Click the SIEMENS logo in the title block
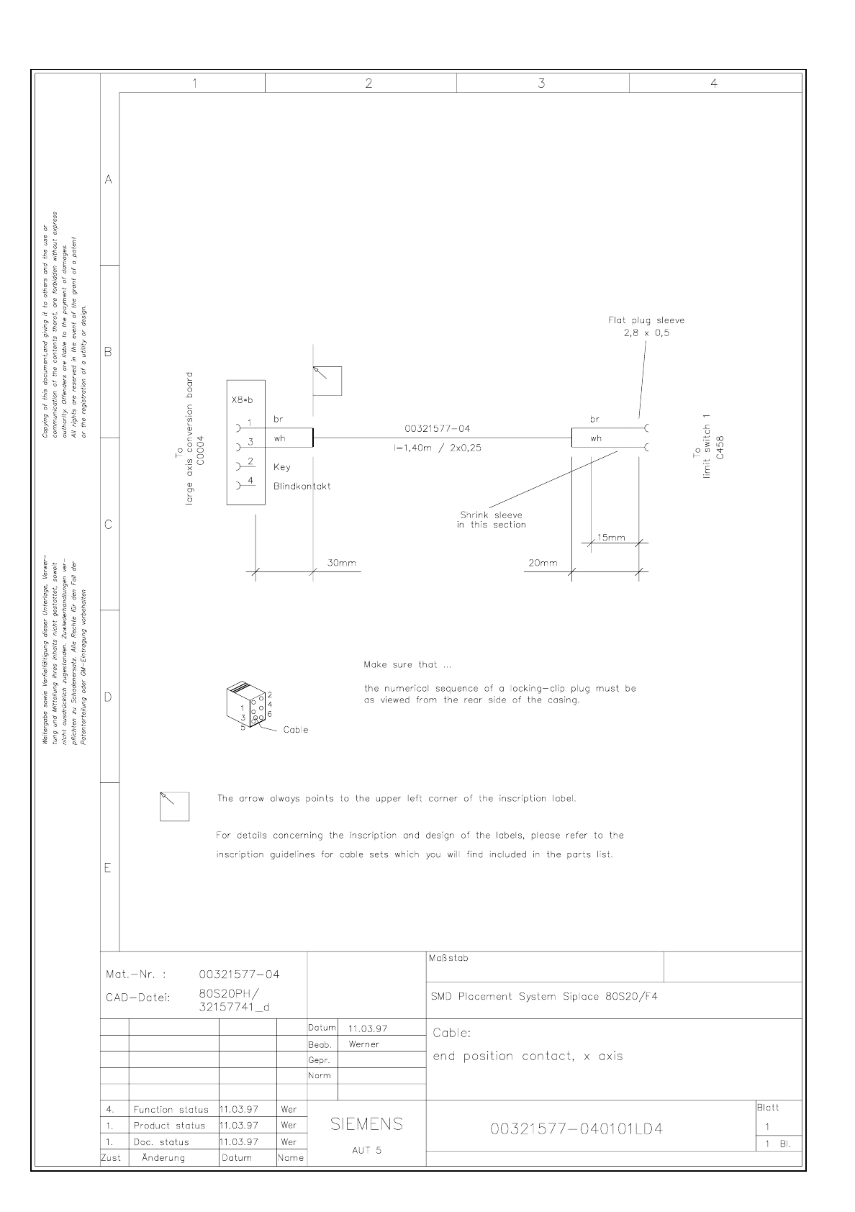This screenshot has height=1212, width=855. tap(366, 1124)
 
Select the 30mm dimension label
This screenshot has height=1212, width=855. tap(341, 563)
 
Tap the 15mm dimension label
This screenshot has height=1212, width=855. tap(611, 538)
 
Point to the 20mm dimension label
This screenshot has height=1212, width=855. tap(543, 563)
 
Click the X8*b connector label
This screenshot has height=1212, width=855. tap(242, 399)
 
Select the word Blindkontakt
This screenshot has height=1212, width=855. tap(302, 486)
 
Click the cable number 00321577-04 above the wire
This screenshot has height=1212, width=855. tap(438, 429)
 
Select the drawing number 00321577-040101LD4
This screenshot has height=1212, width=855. tap(576, 1129)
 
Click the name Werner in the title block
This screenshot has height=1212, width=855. tap(363, 1044)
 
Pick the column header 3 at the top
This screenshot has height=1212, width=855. tap(541, 83)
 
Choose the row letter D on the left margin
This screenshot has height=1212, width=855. tap(109, 697)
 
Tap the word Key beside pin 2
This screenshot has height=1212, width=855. tap(282, 467)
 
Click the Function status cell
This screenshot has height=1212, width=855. tap(171, 1110)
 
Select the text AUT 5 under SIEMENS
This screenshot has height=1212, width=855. tap(366, 1150)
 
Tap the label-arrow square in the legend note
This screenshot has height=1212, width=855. tap(174, 806)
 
